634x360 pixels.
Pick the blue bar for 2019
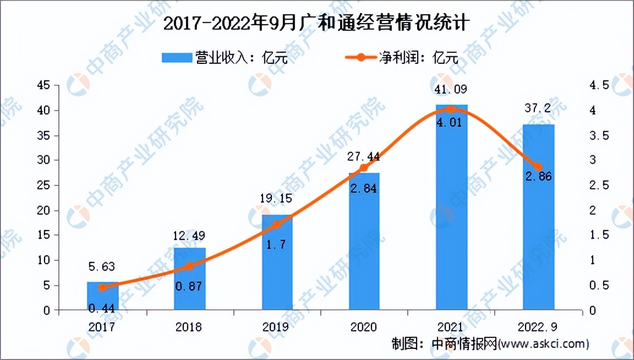(277, 263)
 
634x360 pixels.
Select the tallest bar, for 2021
(451, 208)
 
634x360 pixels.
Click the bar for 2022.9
(538, 217)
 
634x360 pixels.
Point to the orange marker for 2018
(189, 266)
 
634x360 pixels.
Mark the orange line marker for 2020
(364, 168)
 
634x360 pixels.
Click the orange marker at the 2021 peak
(451, 110)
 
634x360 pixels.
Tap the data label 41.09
(451, 89)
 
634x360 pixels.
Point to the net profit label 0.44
(103, 309)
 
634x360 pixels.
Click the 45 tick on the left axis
(43, 85)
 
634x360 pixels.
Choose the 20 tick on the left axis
(43, 210)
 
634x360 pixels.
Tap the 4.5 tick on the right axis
(599, 85)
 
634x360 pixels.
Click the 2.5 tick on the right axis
(599, 186)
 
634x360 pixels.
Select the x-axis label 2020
(363, 327)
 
